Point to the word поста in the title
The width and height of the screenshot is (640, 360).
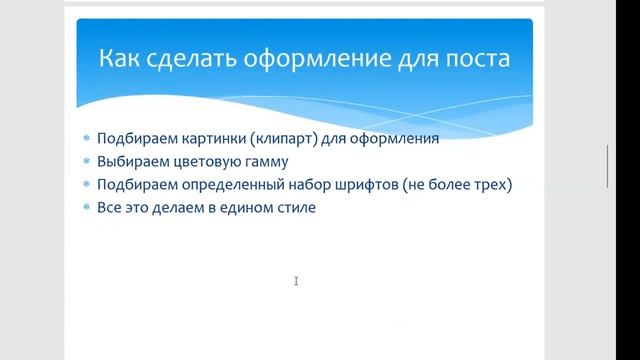[x=477, y=58]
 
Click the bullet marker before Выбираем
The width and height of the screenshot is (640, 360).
[x=87, y=162]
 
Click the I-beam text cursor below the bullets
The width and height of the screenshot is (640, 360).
[x=297, y=282]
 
